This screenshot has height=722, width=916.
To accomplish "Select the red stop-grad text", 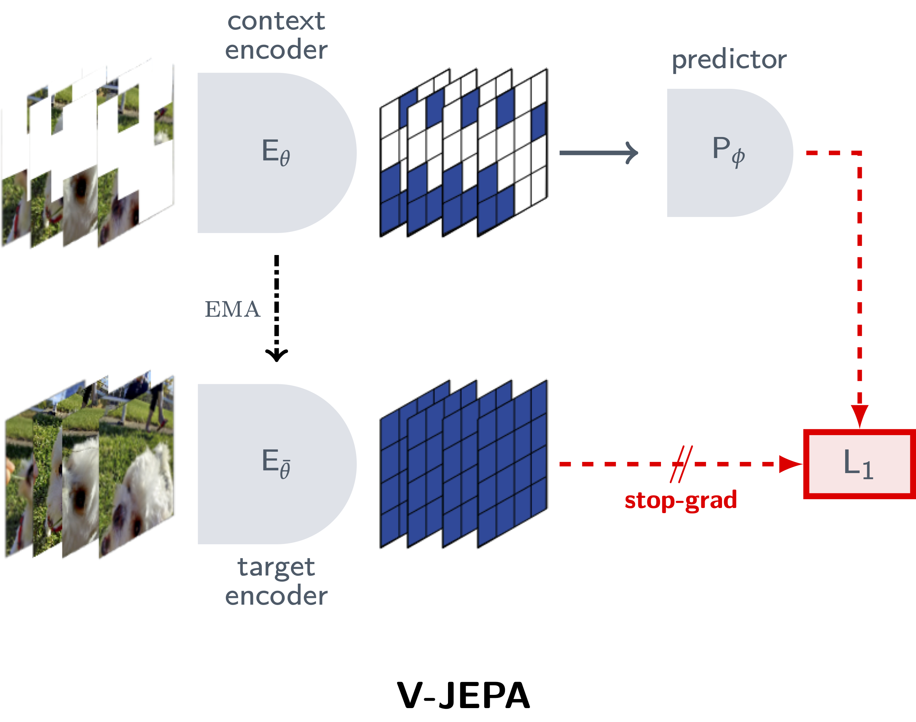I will coord(681,500).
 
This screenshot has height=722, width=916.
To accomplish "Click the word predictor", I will coord(729,59).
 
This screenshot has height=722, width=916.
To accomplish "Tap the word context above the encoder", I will coord(276,21).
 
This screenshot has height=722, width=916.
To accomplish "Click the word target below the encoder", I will coord(276,567).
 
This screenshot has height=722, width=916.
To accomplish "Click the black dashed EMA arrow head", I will coord(276,354).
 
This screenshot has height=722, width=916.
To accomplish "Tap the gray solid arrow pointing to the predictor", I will coord(598,153).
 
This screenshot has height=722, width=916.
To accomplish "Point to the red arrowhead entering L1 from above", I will coord(859,416).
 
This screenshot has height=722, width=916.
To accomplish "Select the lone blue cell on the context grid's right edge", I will coord(539,121).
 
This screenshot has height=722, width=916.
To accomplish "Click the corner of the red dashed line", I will coord(859,153).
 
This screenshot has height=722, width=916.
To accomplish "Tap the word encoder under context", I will coord(276,50).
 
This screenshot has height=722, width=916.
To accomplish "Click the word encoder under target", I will coord(276,596).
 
